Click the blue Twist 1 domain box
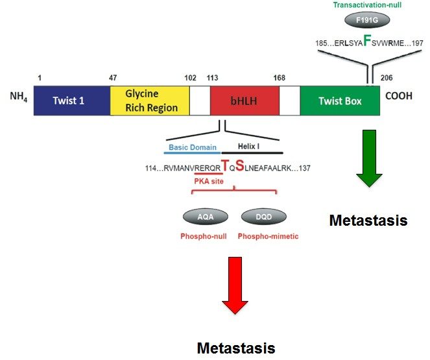[71, 101]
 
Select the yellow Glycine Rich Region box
[150, 101]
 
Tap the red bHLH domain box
[244, 101]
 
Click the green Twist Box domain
[339, 101]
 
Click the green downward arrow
[368, 158]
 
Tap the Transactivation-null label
[368, 5]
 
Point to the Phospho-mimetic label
[268, 236]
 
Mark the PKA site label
[208, 181]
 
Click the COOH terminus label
[403, 101]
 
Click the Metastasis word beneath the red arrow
[236, 348]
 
